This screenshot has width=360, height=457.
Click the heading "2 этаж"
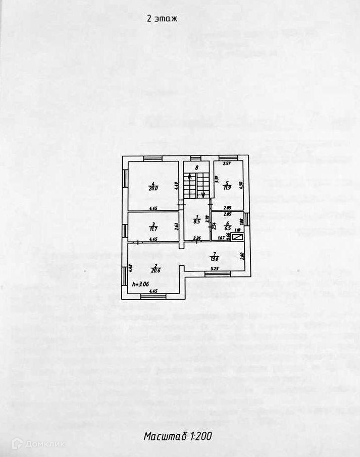click(161, 19)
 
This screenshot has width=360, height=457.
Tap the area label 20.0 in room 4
click(153, 189)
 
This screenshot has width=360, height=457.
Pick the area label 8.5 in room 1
click(197, 220)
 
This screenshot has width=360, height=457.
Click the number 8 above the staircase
click(197, 167)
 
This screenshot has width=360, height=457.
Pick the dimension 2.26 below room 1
click(197, 238)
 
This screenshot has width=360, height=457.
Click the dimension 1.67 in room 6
click(221, 238)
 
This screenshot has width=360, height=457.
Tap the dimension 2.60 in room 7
click(243, 255)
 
